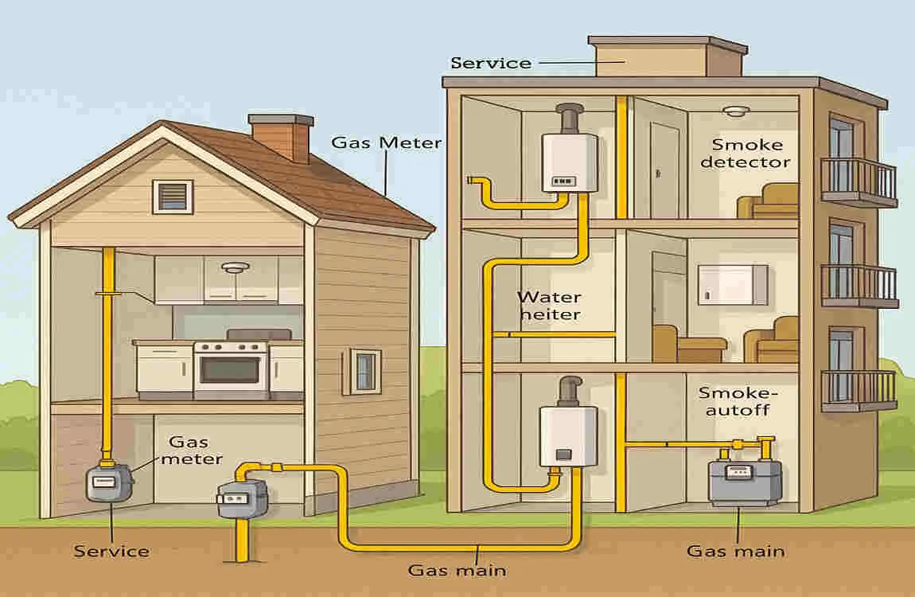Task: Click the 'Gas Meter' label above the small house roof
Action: click(x=386, y=143)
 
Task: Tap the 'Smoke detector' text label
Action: click(x=751, y=154)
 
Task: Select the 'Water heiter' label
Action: click(x=549, y=306)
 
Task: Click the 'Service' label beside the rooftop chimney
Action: click(x=490, y=63)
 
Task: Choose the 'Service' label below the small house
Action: click(x=111, y=551)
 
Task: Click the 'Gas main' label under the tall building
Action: click(x=736, y=551)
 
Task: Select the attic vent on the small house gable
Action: click(x=173, y=196)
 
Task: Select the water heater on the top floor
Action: click(x=570, y=162)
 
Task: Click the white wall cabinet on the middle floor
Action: click(x=733, y=285)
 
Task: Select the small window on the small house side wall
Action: click(x=364, y=370)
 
